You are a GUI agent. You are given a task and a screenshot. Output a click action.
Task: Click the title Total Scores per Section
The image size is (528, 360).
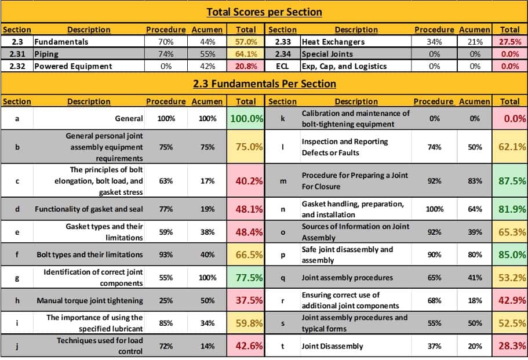tap(264, 12)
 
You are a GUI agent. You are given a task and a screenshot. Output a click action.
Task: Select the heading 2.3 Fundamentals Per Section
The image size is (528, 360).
tap(264, 83)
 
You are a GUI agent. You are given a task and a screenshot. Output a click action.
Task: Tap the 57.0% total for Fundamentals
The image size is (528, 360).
tap(245, 42)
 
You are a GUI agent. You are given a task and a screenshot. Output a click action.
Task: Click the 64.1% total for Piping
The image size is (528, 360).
tap(245, 54)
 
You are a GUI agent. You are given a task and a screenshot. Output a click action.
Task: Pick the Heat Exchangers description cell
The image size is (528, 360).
tap(333, 42)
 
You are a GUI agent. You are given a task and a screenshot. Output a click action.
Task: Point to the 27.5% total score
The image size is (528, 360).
tap(509, 42)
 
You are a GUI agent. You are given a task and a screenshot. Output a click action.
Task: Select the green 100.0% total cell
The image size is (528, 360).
tap(246, 118)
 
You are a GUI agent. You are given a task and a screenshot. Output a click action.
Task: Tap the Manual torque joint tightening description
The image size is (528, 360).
tap(89, 301)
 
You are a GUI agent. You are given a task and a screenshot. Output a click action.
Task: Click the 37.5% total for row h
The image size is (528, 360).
tap(246, 301)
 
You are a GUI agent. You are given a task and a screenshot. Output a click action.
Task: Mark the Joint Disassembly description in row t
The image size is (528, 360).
tap(332, 346)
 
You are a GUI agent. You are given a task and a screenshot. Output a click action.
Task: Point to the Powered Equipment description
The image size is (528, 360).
tap(72, 66)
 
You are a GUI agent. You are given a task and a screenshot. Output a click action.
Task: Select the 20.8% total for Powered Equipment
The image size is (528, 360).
tap(245, 66)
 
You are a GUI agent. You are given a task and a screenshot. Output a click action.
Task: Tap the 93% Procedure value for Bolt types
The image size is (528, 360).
tap(166, 254)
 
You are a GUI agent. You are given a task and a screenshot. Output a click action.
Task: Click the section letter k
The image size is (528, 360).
tap(282, 118)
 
